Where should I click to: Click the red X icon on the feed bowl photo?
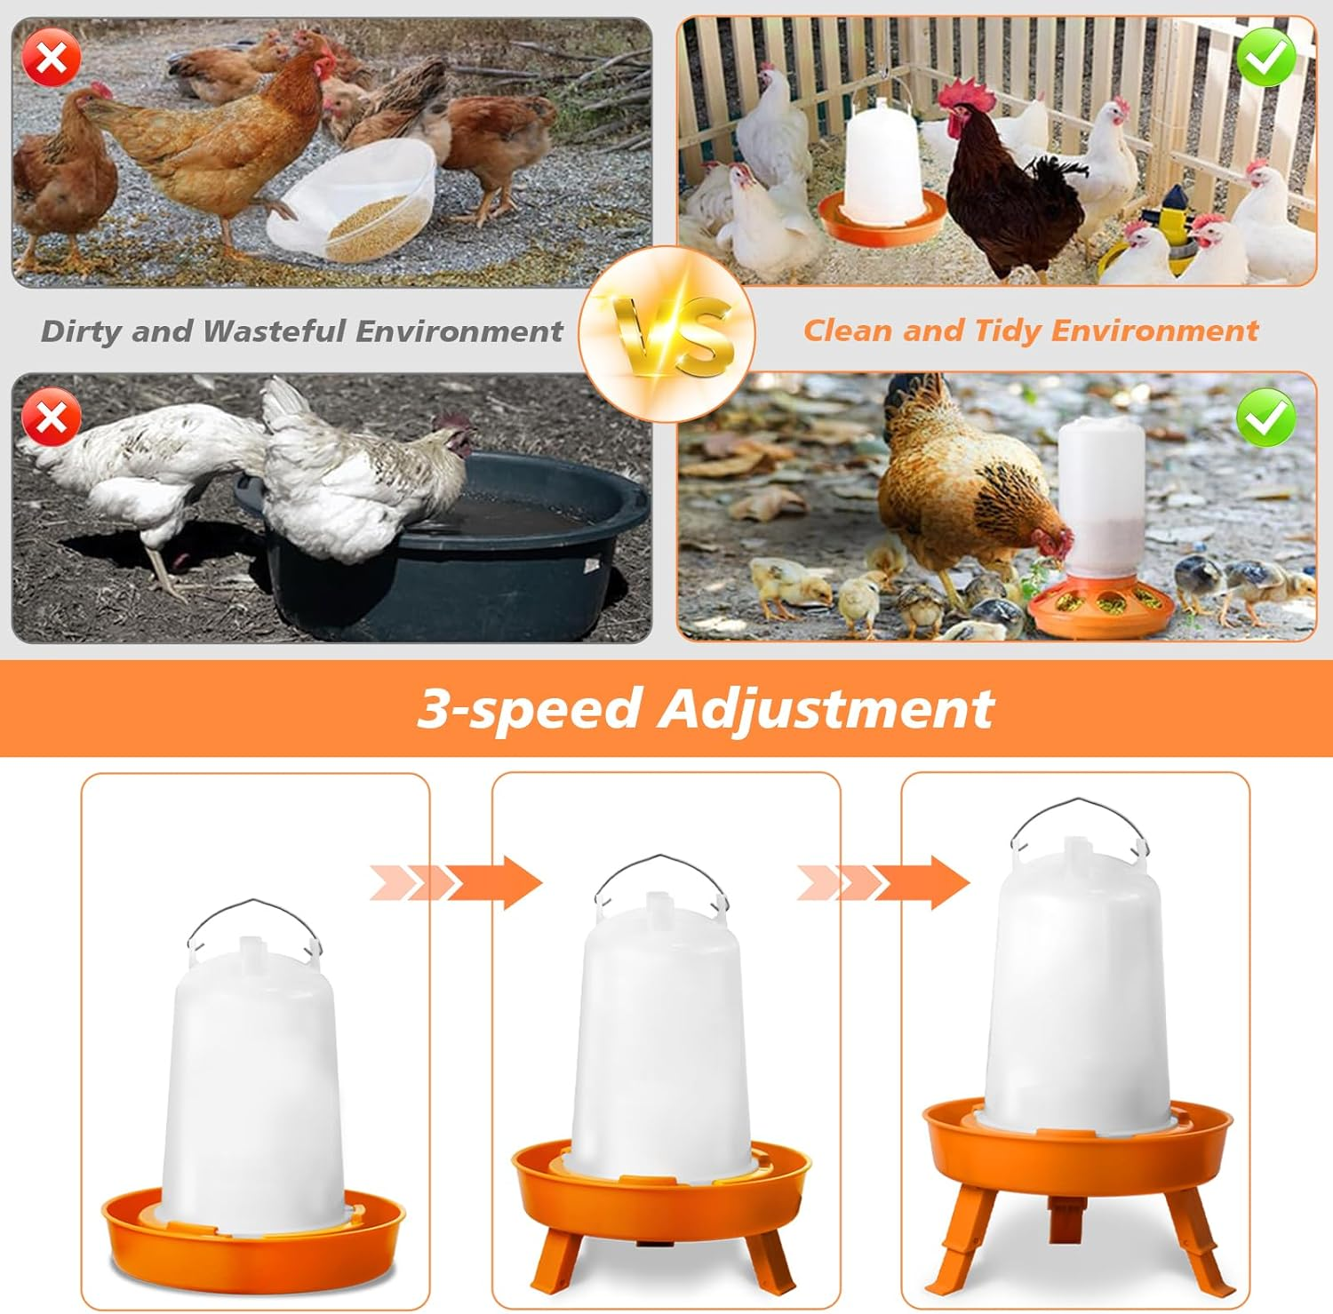pyautogui.click(x=52, y=59)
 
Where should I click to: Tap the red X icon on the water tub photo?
pyautogui.click(x=52, y=417)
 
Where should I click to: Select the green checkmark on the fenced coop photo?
pyautogui.click(x=1265, y=58)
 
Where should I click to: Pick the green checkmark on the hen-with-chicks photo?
pyautogui.click(x=1265, y=417)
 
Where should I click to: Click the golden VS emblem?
pyautogui.click(x=667, y=334)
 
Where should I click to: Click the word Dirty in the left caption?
pyautogui.click(x=81, y=331)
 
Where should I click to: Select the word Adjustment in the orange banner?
pyautogui.click(x=826, y=709)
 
